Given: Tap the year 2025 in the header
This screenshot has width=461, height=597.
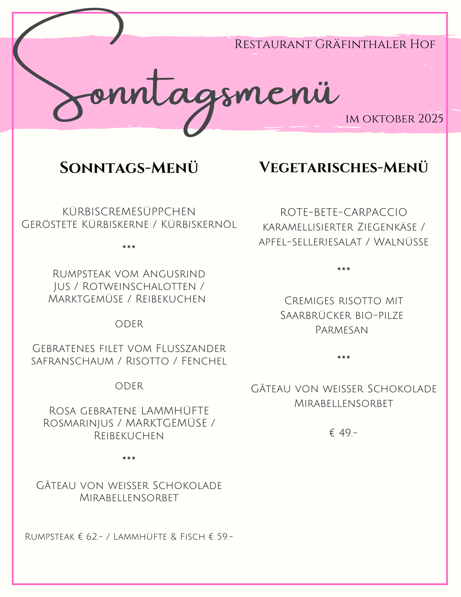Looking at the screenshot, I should (431, 118).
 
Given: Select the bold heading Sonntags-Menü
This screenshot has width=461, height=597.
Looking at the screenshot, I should (129, 168).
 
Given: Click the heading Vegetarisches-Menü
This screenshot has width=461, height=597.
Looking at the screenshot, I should (343, 168).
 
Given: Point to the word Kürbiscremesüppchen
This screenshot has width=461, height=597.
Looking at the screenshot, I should (129, 211).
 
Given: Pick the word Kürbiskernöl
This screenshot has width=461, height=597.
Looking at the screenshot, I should (199, 224).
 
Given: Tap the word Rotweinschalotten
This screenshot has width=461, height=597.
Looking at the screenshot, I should (139, 286).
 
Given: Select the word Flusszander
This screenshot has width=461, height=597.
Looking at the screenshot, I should (191, 348).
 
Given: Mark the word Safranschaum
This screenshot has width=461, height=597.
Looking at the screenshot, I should (72, 361).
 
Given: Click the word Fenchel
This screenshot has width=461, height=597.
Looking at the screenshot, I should (204, 361).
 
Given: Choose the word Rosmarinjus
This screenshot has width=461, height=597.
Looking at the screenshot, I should (78, 423).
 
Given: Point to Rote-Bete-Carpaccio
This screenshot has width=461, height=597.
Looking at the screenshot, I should (343, 212).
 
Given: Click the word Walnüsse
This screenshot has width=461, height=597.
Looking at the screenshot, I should (401, 242).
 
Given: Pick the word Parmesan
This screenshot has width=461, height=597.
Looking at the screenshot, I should (342, 330).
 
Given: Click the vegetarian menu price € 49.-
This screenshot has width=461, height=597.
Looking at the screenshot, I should (343, 433).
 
